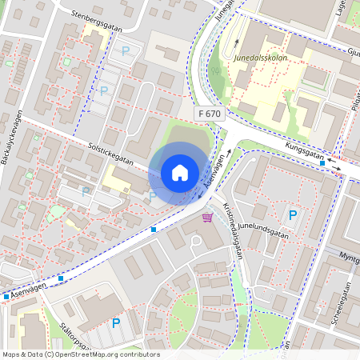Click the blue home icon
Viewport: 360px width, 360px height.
pyautogui.click(x=180, y=172)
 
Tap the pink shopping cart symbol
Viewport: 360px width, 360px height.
pyautogui.click(x=207, y=217)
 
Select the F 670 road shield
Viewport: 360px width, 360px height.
pyautogui.click(x=209, y=114)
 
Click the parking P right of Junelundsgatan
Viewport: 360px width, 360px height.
pyautogui.click(x=293, y=214)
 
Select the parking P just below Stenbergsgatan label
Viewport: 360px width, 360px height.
pyautogui.click(x=124, y=51)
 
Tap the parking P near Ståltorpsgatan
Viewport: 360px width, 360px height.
pyautogui.click(x=116, y=323)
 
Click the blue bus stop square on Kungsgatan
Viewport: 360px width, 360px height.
pyautogui.click(x=322, y=162)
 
